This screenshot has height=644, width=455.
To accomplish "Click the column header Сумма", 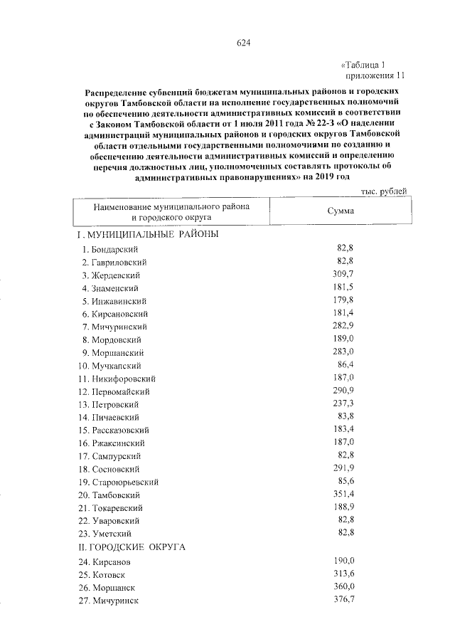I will tap(341, 211).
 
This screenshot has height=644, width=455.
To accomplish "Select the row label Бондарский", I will tap(114, 249).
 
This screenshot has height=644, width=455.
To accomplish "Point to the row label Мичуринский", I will tap(119, 326).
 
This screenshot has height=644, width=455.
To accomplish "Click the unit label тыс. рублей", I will tap(384, 191).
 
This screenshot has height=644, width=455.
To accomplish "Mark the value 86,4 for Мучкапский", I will tap(345, 364).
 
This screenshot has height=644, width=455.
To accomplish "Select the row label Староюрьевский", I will tap(124, 482).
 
